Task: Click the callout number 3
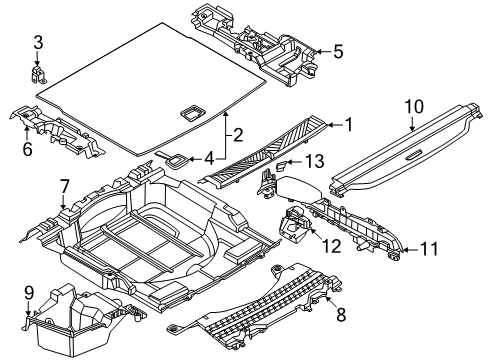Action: pos(38,43)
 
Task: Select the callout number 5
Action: pos(338,52)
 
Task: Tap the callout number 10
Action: pos(414,106)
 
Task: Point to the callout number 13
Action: pos(314,162)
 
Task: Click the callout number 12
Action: pos(332,246)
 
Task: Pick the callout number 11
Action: pos(428,249)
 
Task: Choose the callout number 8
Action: pos(341,315)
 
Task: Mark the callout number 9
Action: pos(29,293)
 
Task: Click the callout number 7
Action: pos(64,187)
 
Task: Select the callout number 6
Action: pos(27,149)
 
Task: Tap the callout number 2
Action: pos(238,135)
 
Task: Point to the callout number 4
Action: pos(209,159)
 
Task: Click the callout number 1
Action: pos(349,125)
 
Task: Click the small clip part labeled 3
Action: pos(39,74)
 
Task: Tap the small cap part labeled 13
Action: pos(282,165)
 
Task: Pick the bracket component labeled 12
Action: pos(294,225)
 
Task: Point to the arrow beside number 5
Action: pos(323,52)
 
